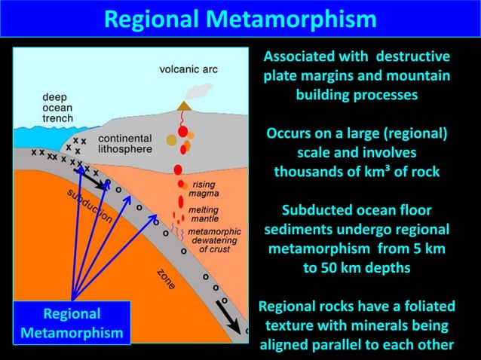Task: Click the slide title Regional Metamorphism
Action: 240,18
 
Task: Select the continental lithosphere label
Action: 124,144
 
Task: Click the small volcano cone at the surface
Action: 184,107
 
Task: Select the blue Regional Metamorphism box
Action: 72,322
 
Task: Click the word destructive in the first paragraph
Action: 412,57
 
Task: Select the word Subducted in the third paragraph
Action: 311,210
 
